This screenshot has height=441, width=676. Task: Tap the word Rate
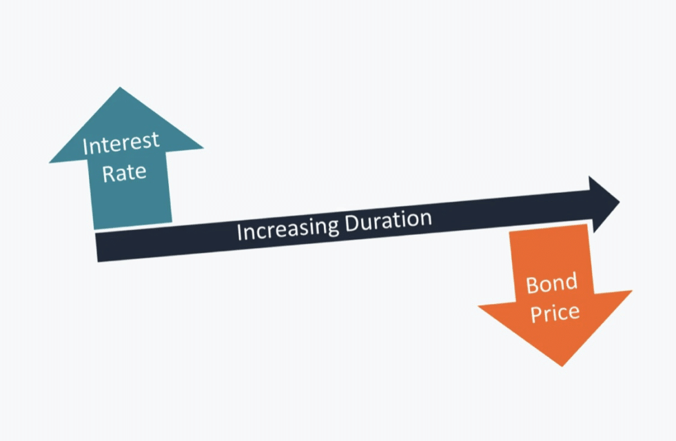[124, 172]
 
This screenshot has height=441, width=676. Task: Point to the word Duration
[389, 220]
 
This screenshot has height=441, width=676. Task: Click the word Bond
[551, 284]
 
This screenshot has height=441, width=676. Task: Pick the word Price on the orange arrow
[555, 313]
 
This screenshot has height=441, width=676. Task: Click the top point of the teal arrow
[120, 87]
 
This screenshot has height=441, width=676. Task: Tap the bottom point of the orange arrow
[562, 367]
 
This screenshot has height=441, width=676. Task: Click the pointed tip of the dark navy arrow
[619, 201]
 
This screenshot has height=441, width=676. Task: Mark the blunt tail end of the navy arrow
[96, 247]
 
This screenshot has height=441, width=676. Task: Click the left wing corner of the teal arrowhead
[49, 163]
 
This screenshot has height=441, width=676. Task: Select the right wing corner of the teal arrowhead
[203, 149]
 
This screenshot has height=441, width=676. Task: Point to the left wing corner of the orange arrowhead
[478, 307]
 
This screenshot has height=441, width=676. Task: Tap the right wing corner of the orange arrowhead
[632, 291]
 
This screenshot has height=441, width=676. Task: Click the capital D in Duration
[354, 223]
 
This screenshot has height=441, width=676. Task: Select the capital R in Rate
[107, 173]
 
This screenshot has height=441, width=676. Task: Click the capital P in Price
[536, 314]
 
